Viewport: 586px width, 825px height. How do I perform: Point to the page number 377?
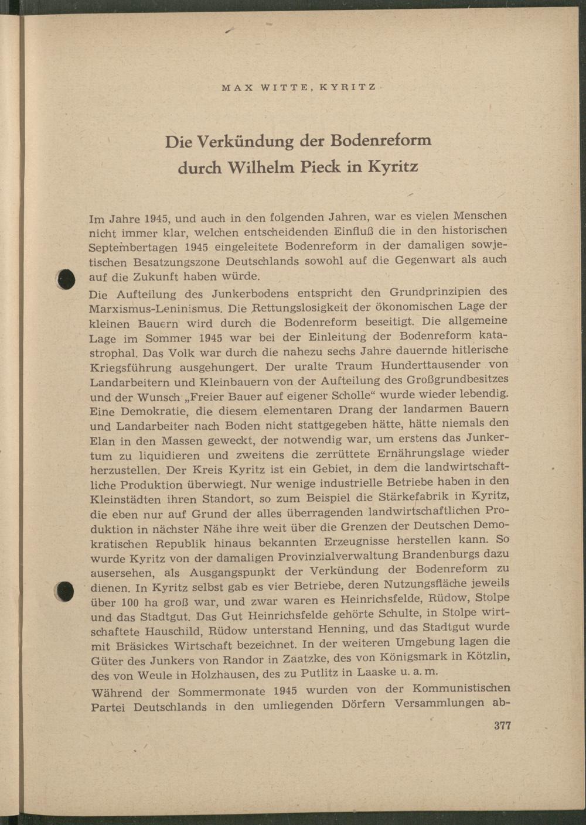[502, 725]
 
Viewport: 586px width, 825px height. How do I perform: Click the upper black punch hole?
[67, 279]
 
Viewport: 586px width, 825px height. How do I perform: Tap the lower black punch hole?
[66, 591]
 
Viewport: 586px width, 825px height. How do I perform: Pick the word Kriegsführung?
[127, 368]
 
